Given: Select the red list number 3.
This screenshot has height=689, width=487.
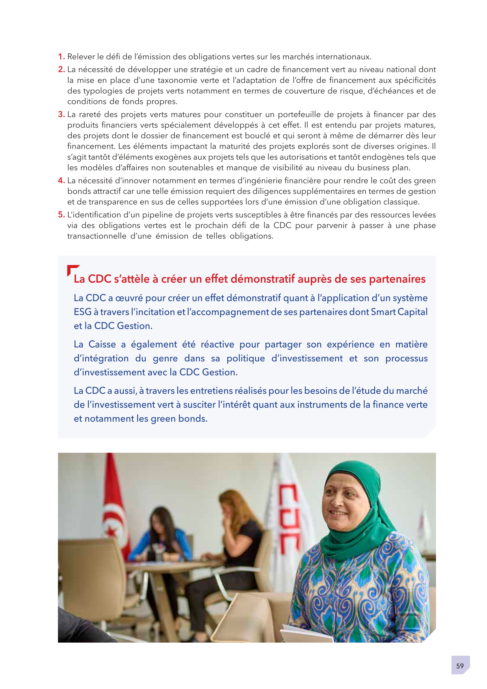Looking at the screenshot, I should click(x=61, y=114).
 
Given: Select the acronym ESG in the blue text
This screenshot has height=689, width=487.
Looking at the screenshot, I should click(x=82, y=312).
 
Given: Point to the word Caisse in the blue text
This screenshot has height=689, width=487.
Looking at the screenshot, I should click(x=102, y=344).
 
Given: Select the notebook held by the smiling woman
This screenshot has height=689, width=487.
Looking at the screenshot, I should click(x=306, y=633).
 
